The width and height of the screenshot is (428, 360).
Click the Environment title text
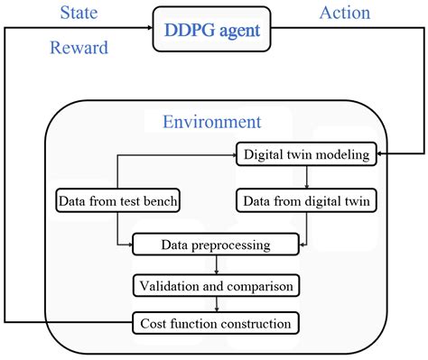click(212, 122)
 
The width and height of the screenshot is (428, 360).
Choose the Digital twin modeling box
click(306, 154)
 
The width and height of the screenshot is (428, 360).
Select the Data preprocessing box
click(214, 244)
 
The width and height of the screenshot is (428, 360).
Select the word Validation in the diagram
click(169, 286)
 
